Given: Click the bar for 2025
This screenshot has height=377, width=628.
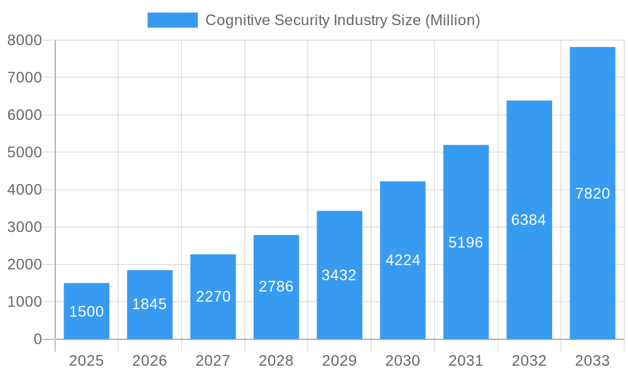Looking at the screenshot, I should click(87, 311).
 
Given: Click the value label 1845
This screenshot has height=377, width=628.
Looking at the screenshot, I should click(149, 304).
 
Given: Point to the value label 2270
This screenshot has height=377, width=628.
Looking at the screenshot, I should click(213, 297).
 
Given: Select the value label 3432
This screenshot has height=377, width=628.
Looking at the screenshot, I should click(339, 275).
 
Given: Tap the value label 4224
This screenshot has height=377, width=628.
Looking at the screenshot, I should click(403, 260).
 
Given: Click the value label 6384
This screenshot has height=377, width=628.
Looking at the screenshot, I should click(529, 220).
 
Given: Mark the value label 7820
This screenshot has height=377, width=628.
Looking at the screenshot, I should click(592, 194).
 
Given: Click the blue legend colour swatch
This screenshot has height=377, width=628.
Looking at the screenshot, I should click(172, 20).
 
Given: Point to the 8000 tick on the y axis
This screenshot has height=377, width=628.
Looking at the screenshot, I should click(24, 40).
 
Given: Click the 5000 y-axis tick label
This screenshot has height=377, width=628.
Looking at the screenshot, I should click(24, 153).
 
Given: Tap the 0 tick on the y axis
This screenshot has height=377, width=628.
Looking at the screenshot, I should click(37, 339).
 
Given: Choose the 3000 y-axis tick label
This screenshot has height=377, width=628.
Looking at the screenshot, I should click(24, 227).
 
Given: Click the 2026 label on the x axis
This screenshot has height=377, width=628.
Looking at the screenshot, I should click(149, 361).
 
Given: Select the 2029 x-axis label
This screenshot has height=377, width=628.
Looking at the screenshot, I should click(339, 361).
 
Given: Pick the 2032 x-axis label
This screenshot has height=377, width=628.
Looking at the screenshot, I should click(529, 361).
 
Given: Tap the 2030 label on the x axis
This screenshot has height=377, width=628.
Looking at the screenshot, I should click(403, 361).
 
